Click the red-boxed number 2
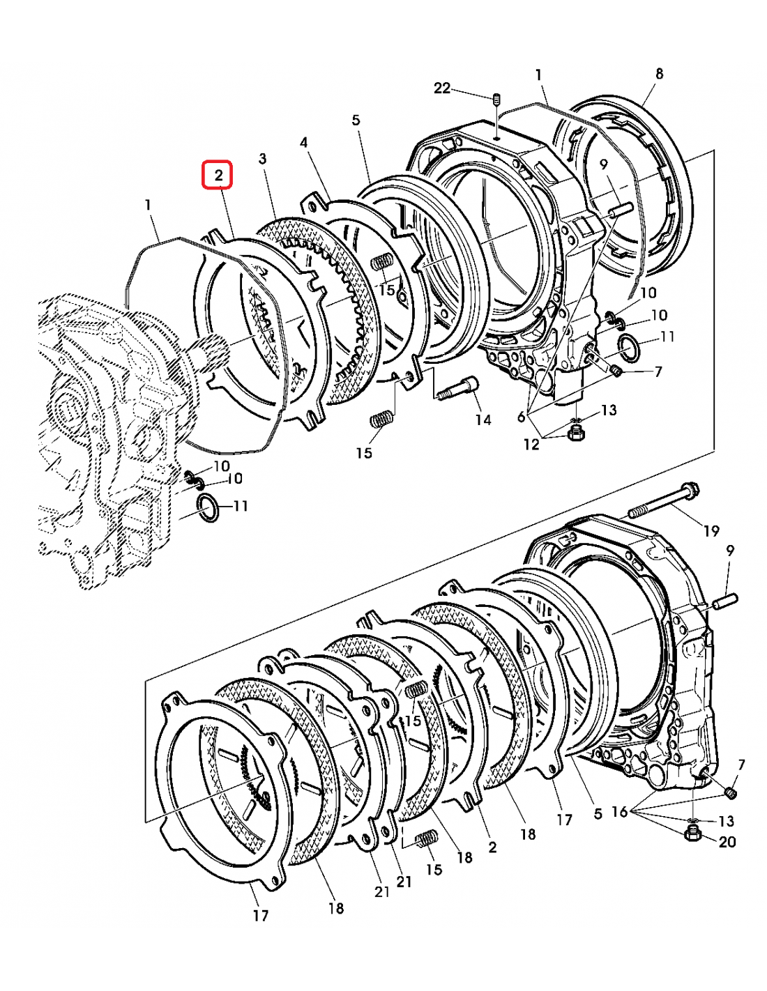[218, 175]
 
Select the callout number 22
[442, 88]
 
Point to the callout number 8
[659, 73]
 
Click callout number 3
[262, 158]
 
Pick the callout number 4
[303, 142]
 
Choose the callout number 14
[483, 420]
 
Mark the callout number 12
[531, 444]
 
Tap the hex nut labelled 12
[577, 433]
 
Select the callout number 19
[711, 531]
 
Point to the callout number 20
[727, 842]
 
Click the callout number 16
[620, 812]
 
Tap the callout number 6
[521, 417]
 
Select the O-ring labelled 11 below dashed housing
[208, 509]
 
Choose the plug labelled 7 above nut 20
[730, 793]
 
